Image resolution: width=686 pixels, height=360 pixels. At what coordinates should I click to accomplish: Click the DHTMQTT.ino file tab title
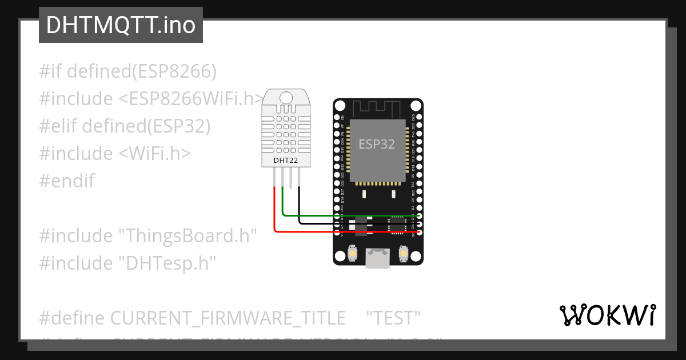pos(121,25)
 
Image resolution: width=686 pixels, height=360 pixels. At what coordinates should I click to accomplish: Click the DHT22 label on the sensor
pos(286,160)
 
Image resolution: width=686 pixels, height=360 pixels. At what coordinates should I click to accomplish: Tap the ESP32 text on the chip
pos(377,144)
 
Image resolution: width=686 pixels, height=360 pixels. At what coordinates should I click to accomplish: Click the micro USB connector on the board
pos(378,258)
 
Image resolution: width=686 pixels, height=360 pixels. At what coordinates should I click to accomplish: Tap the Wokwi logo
pos(607,315)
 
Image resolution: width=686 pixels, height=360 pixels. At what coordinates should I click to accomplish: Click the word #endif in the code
pos(67,181)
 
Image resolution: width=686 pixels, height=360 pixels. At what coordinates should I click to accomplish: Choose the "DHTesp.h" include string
pos(167,263)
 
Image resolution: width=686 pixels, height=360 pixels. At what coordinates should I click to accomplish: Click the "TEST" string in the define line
pos(393,317)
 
